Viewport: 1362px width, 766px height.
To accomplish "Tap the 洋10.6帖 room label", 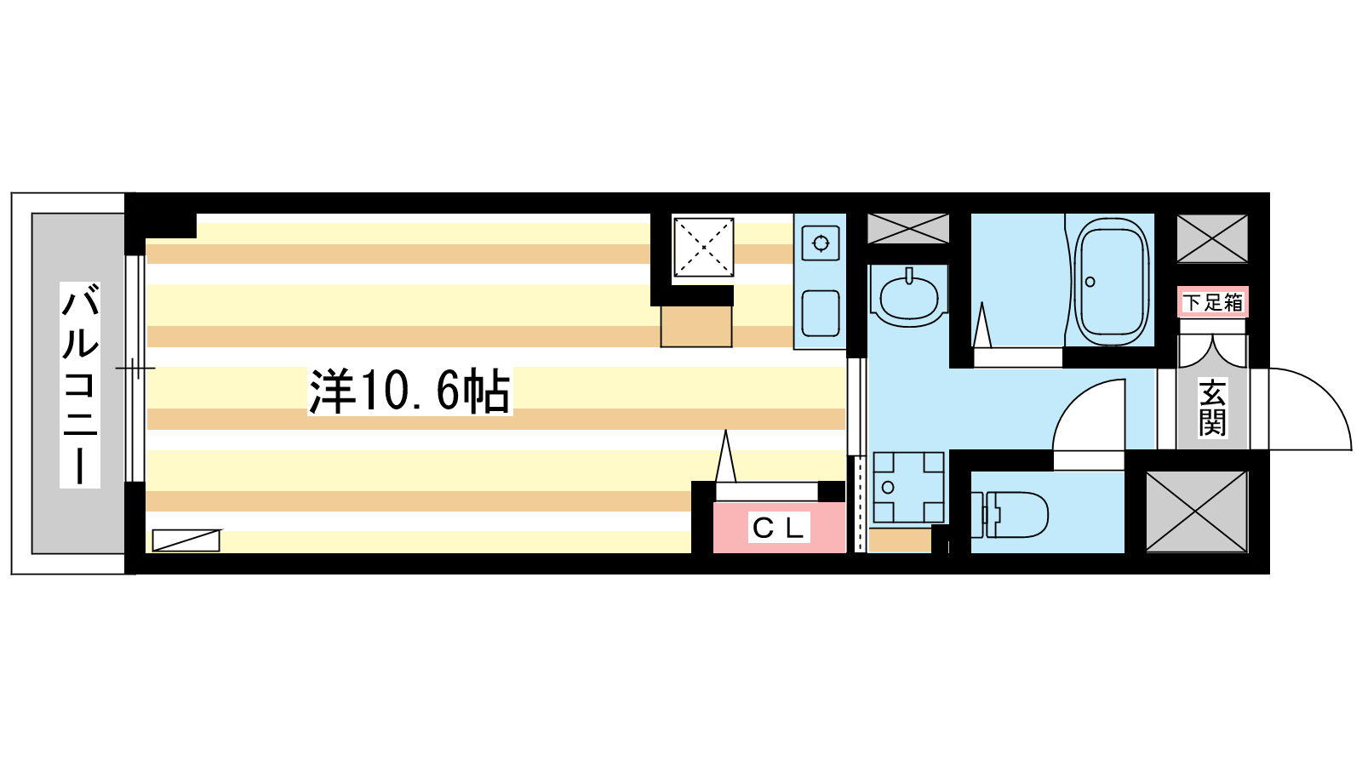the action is pyautogui.click(x=409, y=392).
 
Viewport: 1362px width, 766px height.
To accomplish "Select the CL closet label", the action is pyautogui.click(x=779, y=528).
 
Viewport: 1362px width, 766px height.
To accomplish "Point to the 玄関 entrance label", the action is pyautogui.click(x=1212, y=408).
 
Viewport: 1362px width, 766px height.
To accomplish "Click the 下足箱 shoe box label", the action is pyautogui.click(x=1212, y=302).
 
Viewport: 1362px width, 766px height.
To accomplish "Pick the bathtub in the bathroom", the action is pyautogui.click(x=1111, y=282).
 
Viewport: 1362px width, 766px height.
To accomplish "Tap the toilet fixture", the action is pyautogui.click(x=1010, y=515).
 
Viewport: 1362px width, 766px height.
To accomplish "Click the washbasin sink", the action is pyautogui.click(x=909, y=297).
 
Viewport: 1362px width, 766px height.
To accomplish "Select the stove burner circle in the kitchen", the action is pyautogui.click(x=821, y=243).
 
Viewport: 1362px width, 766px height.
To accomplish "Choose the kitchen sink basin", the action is pyautogui.click(x=821, y=314).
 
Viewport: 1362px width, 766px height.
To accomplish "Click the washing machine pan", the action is pyautogui.click(x=908, y=487).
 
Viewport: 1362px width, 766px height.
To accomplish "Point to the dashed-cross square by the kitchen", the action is pyautogui.click(x=703, y=248).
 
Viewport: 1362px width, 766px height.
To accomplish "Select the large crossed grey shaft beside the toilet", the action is pyautogui.click(x=1197, y=512).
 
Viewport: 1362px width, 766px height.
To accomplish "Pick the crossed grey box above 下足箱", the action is pyautogui.click(x=1212, y=238).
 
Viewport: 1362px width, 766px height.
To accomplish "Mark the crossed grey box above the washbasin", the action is pyautogui.click(x=908, y=229).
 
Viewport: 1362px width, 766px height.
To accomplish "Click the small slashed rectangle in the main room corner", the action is pyautogui.click(x=186, y=540).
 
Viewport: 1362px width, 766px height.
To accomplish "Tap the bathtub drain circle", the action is pyautogui.click(x=1090, y=282).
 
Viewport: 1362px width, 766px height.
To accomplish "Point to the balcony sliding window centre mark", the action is pyautogui.click(x=135, y=369).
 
